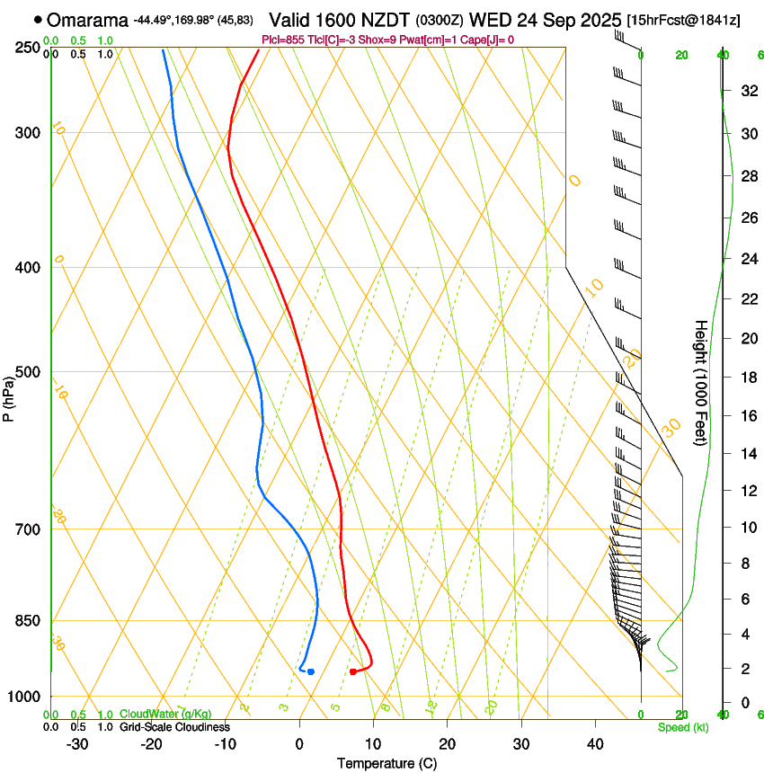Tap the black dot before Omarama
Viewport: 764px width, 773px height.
click(38, 19)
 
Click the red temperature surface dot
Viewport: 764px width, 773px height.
click(352, 671)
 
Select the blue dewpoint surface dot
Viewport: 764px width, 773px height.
click(311, 671)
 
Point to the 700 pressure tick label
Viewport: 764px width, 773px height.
click(28, 529)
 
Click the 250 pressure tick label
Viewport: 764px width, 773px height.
click(28, 48)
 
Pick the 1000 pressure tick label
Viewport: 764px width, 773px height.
click(24, 697)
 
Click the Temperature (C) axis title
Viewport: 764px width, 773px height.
click(386, 763)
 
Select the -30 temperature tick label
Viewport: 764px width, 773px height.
click(77, 744)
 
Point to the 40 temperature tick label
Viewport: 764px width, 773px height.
click(595, 744)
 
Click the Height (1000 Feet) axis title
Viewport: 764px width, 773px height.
click(701, 382)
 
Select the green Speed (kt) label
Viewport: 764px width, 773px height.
click(683, 726)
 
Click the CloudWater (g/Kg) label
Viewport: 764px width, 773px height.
click(165, 714)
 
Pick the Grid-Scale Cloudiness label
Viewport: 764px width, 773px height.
click(174, 726)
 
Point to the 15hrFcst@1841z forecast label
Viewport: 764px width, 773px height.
click(684, 21)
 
